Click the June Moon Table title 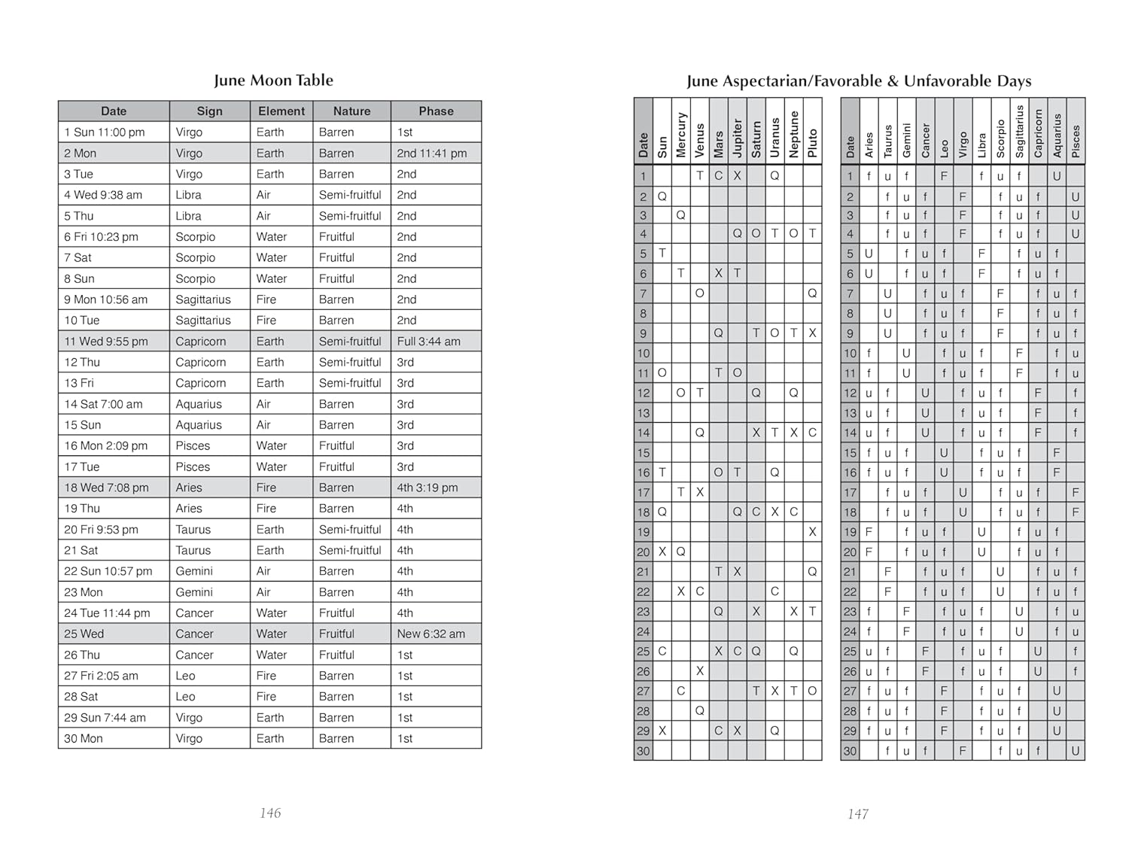(x=273, y=81)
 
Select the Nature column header (x=351, y=111)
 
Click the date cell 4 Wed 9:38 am (x=103, y=195)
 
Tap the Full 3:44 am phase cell (x=428, y=342)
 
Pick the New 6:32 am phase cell (x=431, y=634)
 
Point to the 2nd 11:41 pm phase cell (x=431, y=153)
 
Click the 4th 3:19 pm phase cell (x=427, y=488)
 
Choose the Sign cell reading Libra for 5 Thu (x=188, y=216)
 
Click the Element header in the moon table (x=281, y=111)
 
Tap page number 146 (x=270, y=813)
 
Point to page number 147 (x=858, y=814)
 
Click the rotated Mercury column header (x=681, y=135)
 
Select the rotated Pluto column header (x=812, y=143)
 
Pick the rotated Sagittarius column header (x=1019, y=132)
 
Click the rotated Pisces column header (x=1076, y=141)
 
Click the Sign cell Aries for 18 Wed (x=189, y=488)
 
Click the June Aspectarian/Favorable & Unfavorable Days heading (x=859, y=81)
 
